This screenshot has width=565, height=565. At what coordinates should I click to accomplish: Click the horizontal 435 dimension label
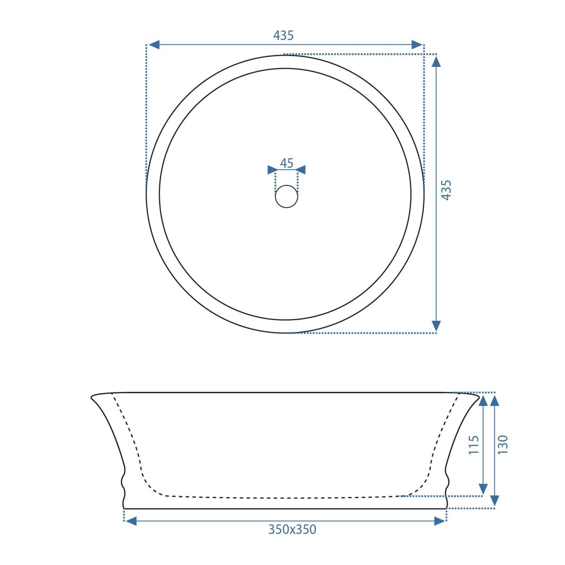pos(283,35)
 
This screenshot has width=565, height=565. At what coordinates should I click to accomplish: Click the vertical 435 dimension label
pos(446,190)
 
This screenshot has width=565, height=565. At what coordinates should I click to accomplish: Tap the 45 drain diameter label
pos(286,163)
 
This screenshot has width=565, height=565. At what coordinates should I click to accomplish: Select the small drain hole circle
pos(286,196)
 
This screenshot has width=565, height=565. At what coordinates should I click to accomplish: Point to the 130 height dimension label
pos(502,445)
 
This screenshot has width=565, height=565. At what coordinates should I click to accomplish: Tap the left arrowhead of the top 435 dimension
pos(154,45)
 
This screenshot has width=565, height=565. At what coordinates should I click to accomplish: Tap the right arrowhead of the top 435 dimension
pos(417,45)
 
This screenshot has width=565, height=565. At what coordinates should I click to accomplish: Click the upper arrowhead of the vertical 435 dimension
pos(436,62)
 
